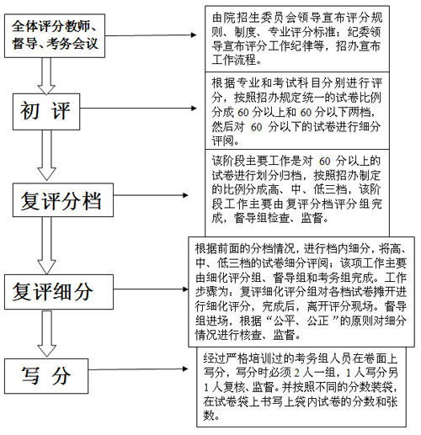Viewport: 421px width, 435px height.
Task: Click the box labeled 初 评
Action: (46, 112)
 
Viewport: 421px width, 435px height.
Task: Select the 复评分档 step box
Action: (63, 200)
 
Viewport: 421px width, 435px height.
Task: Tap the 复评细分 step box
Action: (59, 292)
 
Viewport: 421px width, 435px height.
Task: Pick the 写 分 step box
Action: (46, 376)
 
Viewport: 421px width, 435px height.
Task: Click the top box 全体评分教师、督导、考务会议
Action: (55, 36)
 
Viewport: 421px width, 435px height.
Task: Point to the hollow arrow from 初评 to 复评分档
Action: (46, 155)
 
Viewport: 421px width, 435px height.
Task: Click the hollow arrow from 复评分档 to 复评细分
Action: (46, 246)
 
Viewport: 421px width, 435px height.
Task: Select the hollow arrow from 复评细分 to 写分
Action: (46, 334)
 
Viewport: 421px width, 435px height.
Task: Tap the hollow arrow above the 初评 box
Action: (46, 76)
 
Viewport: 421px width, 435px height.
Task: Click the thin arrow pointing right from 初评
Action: (138, 109)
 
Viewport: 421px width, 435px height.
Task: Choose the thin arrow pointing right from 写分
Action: (138, 369)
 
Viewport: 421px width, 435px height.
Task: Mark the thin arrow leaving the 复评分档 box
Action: (151, 195)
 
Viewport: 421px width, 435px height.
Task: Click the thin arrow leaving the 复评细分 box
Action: (151, 289)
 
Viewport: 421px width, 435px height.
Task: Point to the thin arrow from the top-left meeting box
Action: (151, 35)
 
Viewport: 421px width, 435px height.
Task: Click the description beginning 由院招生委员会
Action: (297, 39)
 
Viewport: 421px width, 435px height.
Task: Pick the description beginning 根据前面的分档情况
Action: (301, 292)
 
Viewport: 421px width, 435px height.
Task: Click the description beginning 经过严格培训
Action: (301, 387)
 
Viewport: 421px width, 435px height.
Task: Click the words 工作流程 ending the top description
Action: (234, 60)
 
